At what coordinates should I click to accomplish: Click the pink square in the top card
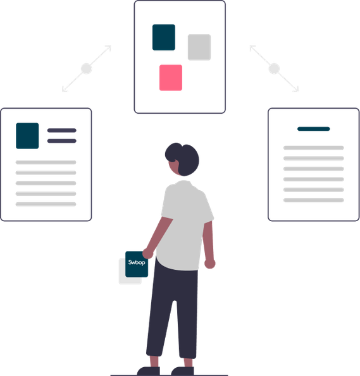pos(171,78)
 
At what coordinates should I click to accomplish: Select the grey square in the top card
pos(199,47)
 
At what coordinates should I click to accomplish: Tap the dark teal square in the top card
pos(164,37)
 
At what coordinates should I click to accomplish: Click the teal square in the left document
pos(27,136)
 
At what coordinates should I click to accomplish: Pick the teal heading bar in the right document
pos(313,129)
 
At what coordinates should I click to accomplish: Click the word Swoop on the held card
pos(137,262)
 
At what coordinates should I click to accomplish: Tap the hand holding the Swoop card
pos(147,253)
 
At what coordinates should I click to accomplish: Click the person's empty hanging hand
pos(209,264)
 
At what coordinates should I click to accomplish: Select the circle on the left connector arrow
pos(86,69)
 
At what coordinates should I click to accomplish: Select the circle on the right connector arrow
pos(274,69)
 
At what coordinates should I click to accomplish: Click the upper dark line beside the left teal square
pos(62,130)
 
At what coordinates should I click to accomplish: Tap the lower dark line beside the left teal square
pos(62,141)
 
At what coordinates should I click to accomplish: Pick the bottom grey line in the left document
pos(46,204)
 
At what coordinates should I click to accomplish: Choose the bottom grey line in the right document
pos(313,200)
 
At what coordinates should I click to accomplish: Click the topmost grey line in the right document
pos(313,148)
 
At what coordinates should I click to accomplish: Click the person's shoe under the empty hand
pos(182,371)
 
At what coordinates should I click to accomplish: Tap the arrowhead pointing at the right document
pos(297,90)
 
